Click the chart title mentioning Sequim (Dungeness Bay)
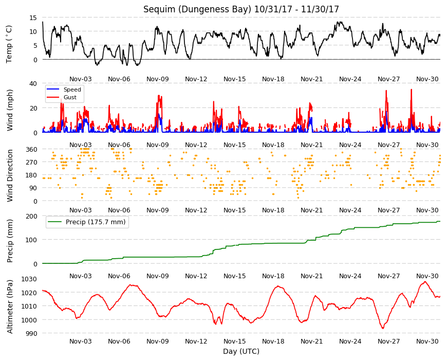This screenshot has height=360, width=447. point(241,9)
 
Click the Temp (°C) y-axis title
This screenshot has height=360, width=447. point(9,44)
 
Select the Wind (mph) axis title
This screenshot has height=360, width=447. point(10,110)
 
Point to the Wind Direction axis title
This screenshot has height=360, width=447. point(10,176)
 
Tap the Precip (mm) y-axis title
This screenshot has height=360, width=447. point(10,241)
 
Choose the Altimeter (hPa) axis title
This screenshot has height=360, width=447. point(10,307)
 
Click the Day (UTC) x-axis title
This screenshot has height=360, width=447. point(241,351)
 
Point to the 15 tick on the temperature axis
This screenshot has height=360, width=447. point(33,17)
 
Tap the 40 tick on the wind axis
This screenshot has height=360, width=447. point(33,84)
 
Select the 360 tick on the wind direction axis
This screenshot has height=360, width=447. point(31,149)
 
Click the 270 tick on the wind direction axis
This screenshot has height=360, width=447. point(31,163)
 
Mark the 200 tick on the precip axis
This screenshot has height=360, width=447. point(31,216)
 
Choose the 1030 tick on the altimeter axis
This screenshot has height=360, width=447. point(29,279)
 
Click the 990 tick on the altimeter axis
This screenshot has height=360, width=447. point(31,333)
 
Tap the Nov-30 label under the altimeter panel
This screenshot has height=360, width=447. point(427,341)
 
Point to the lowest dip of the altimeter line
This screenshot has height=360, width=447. point(383,328)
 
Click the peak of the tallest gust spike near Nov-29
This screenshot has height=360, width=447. point(412,89)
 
